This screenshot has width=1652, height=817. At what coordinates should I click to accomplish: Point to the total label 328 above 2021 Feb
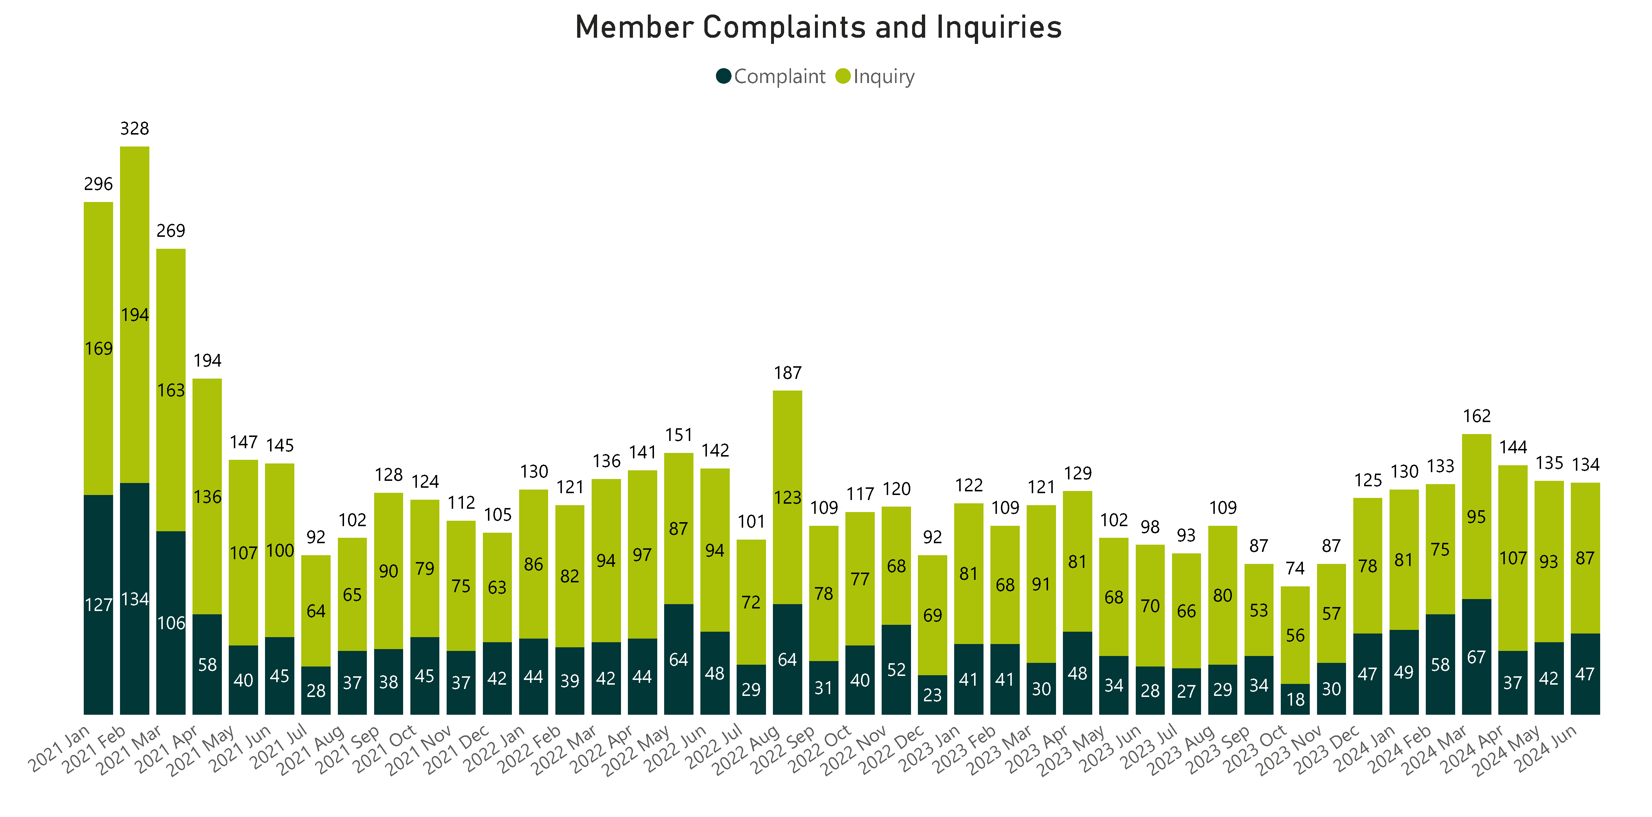[134, 129]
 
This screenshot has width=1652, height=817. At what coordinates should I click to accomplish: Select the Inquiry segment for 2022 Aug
[787, 497]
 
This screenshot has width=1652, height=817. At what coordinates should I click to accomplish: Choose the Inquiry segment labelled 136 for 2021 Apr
[207, 496]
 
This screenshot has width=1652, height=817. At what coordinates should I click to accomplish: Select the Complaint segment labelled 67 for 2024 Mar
[1476, 657]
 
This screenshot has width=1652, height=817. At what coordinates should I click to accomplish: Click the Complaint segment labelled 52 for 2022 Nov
[896, 669]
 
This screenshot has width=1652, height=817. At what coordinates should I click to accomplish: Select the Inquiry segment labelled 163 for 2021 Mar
[171, 390]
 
